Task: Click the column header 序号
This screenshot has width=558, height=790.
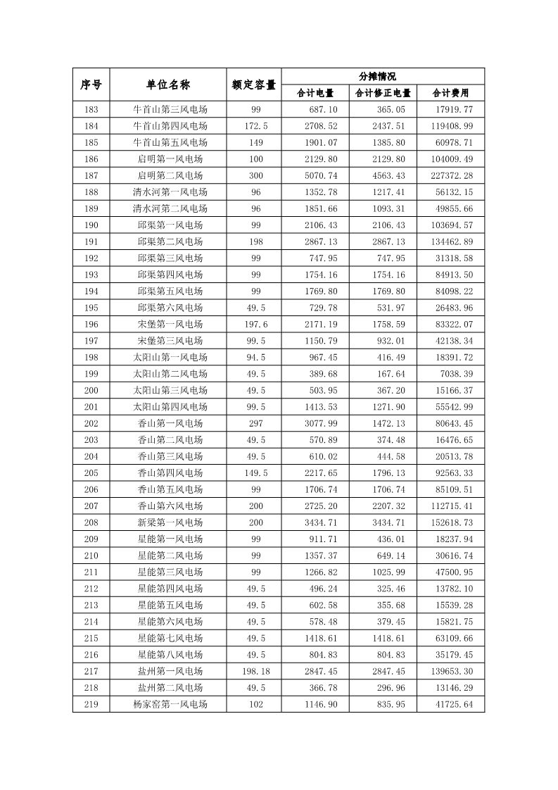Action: (x=91, y=84)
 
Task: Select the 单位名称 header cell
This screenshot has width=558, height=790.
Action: (x=167, y=84)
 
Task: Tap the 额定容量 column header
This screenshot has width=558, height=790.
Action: (x=253, y=84)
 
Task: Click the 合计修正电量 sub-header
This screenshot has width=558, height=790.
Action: (x=383, y=93)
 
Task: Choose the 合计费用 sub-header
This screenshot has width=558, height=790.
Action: (x=450, y=93)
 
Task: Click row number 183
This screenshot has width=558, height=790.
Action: (x=91, y=110)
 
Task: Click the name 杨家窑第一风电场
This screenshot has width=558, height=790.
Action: (x=170, y=704)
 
